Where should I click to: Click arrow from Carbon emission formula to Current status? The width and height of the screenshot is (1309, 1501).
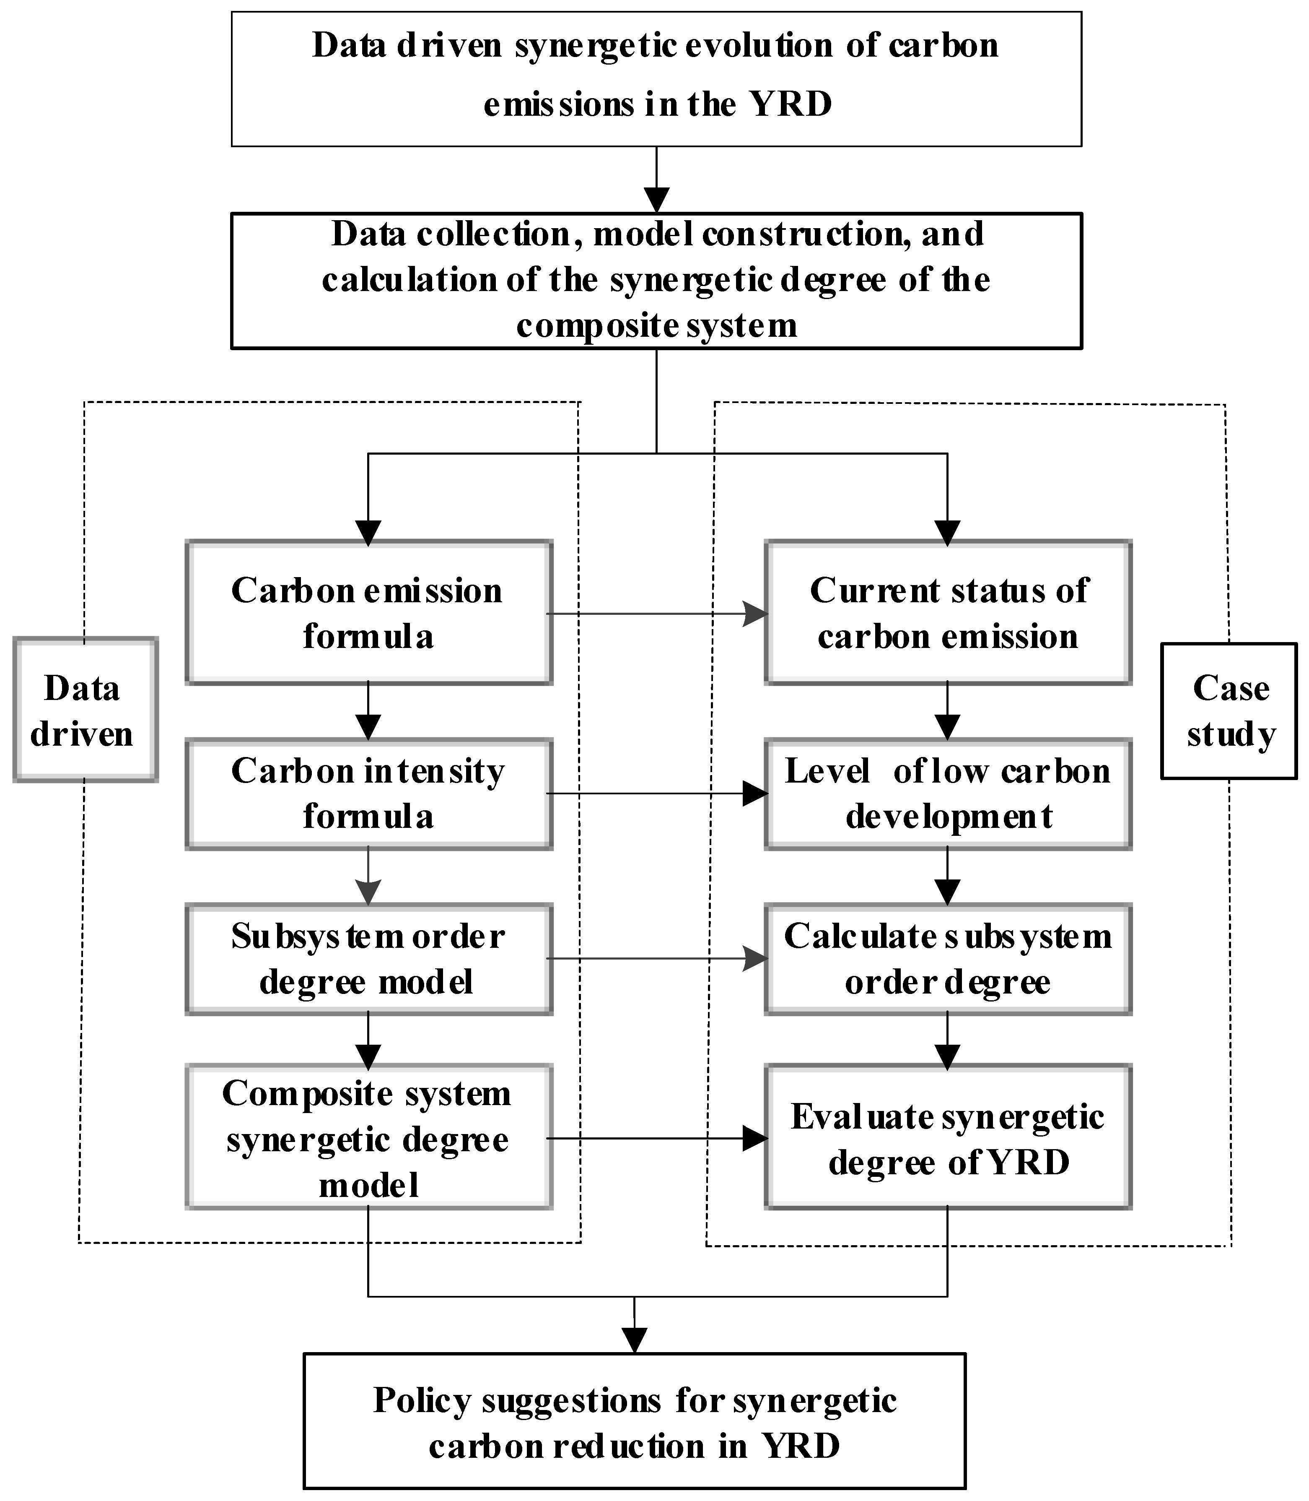(x=657, y=614)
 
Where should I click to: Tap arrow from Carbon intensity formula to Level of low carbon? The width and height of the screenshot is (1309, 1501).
(x=657, y=793)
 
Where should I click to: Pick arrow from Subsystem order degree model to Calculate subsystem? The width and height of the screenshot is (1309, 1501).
(x=657, y=959)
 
